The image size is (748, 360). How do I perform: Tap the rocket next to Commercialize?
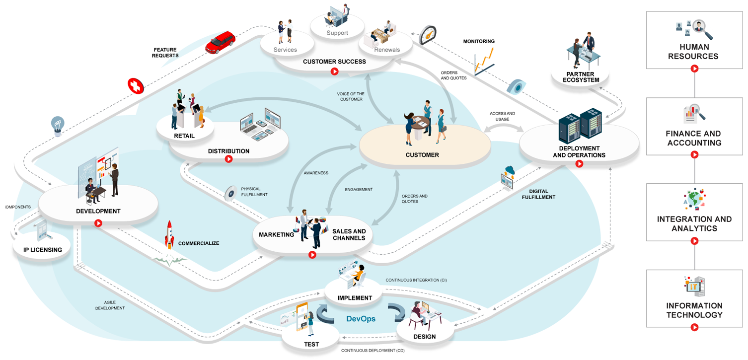coord(169,235)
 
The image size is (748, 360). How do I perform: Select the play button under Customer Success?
coord(335,72)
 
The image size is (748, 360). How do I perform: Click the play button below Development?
coord(98,223)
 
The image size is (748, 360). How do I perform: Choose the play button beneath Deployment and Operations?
coord(579,164)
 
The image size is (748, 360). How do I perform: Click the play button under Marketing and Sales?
coord(312,255)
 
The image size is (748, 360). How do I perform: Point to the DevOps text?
coord(361,319)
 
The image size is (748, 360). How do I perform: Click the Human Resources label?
coord(693,52)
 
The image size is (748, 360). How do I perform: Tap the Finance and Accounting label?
coord(693,138)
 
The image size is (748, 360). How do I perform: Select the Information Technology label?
coord(694,310)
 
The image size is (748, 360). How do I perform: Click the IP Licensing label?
coord(43,250)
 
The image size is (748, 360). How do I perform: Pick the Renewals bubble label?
coord(387,50)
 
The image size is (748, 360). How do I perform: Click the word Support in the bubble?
coord(337,33)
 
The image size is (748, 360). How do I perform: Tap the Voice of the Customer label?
coord(351,96)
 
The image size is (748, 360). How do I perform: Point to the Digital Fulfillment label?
coord(538,194)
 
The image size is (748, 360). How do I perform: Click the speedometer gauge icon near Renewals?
coord(427,35)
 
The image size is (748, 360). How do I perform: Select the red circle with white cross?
coord(135,86)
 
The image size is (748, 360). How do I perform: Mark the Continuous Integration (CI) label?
coord(416,280)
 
